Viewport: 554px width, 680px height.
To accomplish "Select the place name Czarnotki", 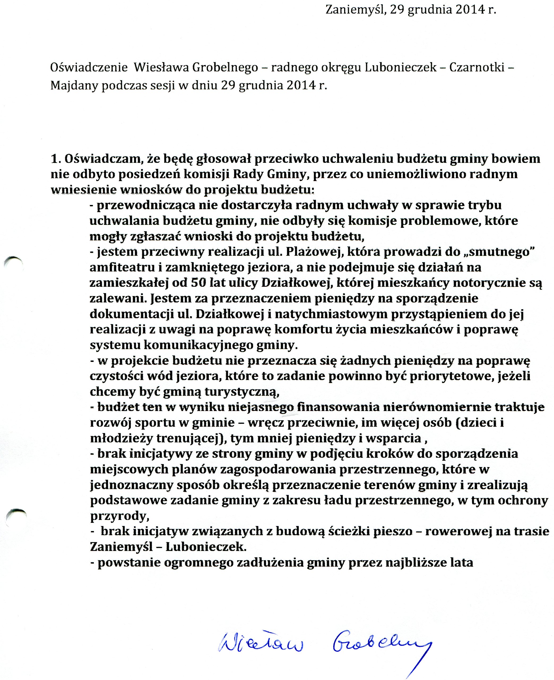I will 477,68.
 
